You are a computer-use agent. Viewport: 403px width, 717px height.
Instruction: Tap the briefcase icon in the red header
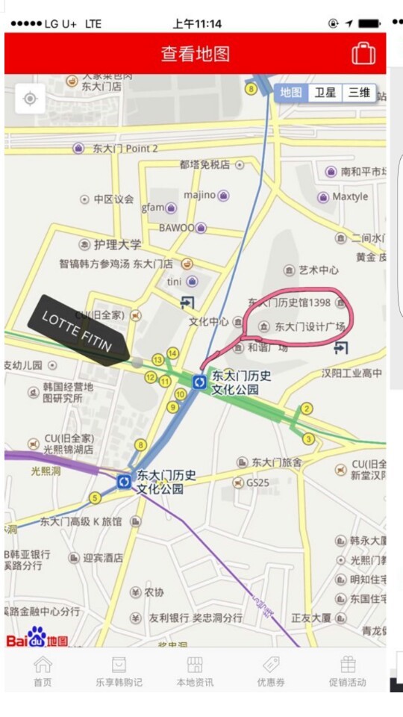[x=363, y=54]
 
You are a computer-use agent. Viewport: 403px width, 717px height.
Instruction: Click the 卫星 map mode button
[x=325, y=93]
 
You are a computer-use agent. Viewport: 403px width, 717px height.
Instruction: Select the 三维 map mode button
[x=359, y=93]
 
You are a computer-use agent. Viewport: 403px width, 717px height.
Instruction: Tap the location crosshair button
[x=30, y=99]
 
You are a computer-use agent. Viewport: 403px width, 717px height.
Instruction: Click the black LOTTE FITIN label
[x=78, y=331]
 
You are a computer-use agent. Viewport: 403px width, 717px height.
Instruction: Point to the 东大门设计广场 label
[x=309, y=326]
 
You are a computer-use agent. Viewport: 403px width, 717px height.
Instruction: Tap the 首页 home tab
[x=43, y=670]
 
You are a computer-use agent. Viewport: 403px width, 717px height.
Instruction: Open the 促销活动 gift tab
[x=348, y=670]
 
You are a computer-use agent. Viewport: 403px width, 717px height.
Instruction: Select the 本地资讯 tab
[x=194, y=670]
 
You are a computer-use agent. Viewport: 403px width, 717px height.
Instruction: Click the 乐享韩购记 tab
[x=119, y=670]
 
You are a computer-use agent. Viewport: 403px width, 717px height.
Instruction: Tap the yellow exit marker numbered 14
[x=173, y=353]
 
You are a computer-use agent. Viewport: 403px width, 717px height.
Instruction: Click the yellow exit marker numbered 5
[x=95, y=497]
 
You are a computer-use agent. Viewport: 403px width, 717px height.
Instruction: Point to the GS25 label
[x=257, y=482]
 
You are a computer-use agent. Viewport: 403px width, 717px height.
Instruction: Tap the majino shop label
[x=199, y=195]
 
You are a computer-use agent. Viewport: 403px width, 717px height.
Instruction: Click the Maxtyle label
[x=349, y=197]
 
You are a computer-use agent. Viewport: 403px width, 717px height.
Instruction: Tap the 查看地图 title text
[x=196, y=54]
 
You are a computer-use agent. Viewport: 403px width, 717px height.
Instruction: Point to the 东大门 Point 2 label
[x=125, y=149]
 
